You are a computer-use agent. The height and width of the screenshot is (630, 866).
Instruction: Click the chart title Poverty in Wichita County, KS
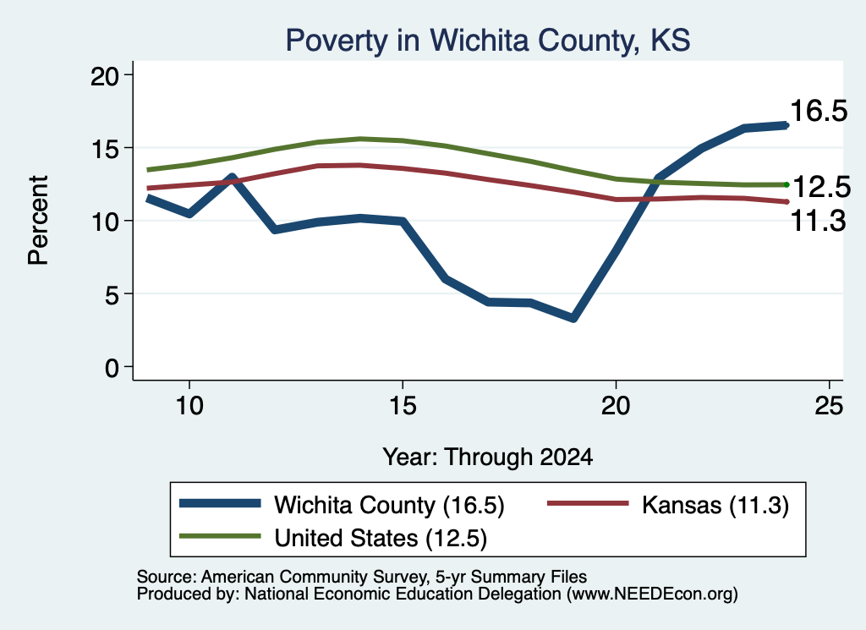(488, 41)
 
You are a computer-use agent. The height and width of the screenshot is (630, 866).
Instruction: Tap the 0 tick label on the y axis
(112, 368)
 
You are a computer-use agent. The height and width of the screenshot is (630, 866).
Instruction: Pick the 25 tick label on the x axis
(829, 407)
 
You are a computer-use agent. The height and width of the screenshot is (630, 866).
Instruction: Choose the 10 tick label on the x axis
(189, 407)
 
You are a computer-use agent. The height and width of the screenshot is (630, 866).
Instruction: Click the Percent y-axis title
(38, 221)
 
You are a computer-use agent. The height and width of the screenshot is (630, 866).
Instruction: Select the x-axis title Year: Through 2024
(488, 457)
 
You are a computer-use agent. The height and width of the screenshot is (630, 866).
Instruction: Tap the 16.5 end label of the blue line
(819, 111)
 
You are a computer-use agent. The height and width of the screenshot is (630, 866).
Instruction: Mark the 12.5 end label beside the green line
(821, 188)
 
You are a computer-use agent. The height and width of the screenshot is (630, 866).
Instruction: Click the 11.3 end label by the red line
(819, 221)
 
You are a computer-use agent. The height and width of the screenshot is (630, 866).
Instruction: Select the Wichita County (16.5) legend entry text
(389, 505)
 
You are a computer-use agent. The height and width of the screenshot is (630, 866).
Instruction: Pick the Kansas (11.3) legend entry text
(715, 505)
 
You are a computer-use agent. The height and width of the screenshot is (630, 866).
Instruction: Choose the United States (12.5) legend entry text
(381, 539)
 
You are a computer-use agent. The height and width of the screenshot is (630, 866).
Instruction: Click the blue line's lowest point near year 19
(573, 318)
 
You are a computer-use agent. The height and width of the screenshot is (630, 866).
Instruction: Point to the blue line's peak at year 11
(233, 178)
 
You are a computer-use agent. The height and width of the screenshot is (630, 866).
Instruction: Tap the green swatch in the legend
(220, 536)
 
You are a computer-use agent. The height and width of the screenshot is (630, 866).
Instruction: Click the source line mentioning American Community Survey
(362, 577)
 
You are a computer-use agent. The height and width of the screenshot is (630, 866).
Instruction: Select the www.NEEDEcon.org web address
(652, 594)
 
